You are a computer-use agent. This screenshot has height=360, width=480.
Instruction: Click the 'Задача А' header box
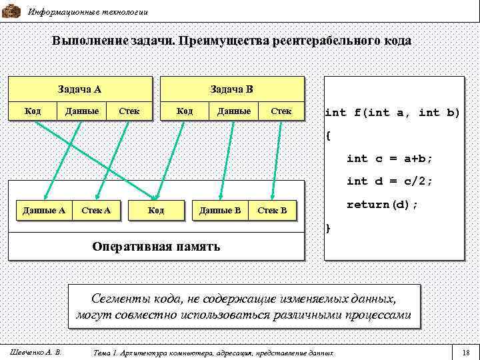79,89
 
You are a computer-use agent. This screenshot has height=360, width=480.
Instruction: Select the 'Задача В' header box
231,89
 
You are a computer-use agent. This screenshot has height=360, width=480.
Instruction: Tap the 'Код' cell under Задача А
33,111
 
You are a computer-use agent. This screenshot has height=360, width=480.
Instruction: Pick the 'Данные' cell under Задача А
82,111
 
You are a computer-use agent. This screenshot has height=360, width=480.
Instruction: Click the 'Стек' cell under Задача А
129,111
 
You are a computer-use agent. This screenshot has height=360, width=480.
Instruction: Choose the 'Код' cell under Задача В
184,111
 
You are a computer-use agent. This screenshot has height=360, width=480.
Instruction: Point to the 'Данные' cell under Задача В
234,111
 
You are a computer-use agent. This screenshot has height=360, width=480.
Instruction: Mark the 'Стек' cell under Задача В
281,111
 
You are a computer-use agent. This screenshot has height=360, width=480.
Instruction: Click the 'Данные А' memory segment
43,211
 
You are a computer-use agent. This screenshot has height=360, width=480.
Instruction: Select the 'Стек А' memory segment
95,211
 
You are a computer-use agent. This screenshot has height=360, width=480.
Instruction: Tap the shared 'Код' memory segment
155,211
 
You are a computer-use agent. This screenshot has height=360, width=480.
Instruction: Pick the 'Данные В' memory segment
220,211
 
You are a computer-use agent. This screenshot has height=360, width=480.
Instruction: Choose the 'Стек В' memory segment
272,211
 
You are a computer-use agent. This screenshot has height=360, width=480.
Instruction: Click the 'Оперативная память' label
156,246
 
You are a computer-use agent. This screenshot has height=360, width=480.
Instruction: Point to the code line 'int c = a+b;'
389,159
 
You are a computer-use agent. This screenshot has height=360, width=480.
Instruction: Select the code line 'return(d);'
383,204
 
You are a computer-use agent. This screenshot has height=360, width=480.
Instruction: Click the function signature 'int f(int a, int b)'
392,113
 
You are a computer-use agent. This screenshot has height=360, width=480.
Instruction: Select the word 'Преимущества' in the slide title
223,41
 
